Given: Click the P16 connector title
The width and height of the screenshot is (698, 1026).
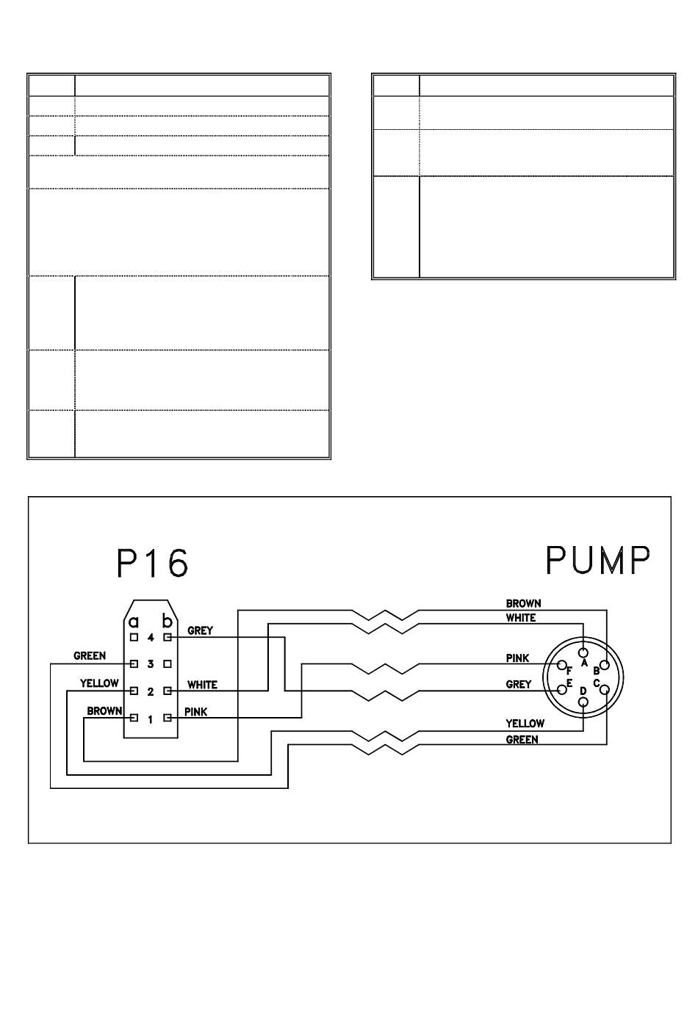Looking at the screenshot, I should pos(152,564).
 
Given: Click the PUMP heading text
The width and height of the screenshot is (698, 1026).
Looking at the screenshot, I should pos(597,561).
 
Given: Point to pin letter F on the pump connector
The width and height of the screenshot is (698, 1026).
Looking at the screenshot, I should pos(569,670).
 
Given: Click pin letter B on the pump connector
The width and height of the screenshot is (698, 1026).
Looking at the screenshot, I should pos(597,670).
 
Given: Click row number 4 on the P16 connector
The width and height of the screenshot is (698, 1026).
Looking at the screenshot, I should pos(151,637).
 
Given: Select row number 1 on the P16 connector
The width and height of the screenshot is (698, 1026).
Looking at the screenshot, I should pos(151,719).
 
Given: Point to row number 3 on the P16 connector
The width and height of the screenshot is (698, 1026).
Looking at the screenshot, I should pos(151,664).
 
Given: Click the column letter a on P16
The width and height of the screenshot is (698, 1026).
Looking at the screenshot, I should pos(134,621).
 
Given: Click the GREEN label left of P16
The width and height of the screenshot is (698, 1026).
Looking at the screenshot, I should pos(90,656).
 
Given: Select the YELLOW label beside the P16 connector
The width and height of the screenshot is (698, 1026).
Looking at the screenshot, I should pos(99,683).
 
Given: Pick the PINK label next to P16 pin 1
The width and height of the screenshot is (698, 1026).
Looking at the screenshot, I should pos(196,712).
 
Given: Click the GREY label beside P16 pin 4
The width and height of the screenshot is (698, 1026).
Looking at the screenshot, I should pos(200,630).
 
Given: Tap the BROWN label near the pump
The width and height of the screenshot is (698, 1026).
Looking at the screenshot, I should pos(523,603).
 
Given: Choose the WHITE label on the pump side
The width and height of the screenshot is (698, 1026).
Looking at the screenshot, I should pos(520,618).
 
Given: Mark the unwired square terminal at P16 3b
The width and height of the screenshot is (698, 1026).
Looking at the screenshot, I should pos(168,664).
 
